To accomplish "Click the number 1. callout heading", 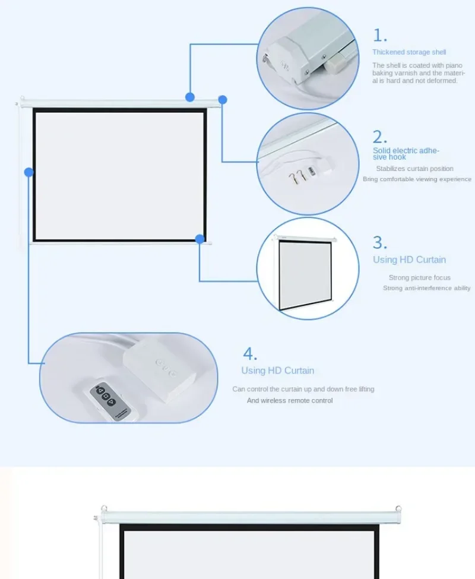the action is (x=380, y=36).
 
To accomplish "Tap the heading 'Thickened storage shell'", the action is (x=409, y=52).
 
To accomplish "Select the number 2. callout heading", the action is (x=380, y=137).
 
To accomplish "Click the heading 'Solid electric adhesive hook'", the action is (x=406, y=154).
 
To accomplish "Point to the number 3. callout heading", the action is (x=380, y=243).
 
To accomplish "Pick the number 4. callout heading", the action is (x=250, y=354).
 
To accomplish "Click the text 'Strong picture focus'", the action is (x=420, y=278).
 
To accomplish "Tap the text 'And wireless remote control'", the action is (x=290, y=401).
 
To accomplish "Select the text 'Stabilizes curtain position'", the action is (x=414, y=169).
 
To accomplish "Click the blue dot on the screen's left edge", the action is (x=28, y=172).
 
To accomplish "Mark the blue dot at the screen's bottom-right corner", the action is (x=199, y=239).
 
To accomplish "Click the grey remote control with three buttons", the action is (x=110, y=400).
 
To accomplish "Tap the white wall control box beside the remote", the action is (x=160, y=369).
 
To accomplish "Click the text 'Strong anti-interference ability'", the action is (x=427, y=288).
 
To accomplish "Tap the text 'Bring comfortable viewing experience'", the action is (x=417, y=179).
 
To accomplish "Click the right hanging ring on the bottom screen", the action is (x=398, y=508).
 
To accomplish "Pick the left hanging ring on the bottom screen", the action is (x=104, y=508).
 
